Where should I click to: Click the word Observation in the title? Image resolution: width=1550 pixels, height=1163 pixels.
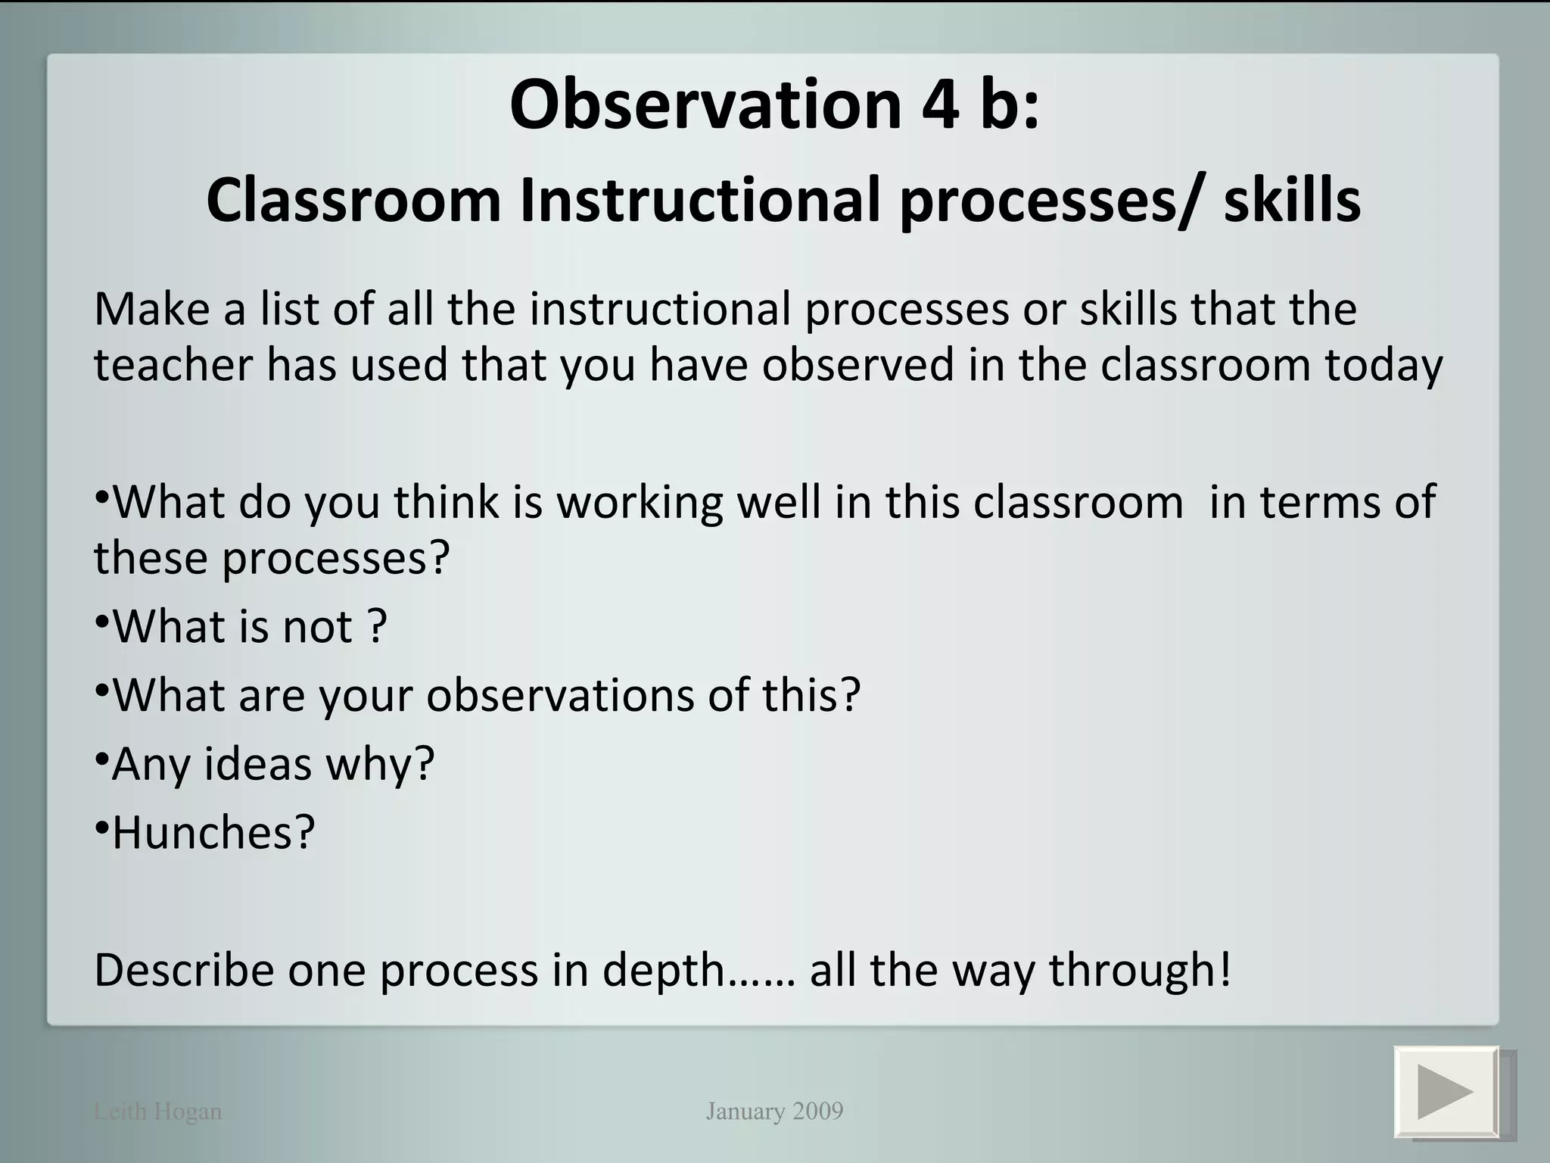pos(705,104)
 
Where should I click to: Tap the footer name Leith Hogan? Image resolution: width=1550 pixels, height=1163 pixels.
pos(157,1112)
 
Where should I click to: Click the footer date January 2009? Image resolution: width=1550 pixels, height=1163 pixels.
pos(774,1112)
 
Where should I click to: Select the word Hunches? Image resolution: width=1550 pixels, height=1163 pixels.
pos(213,832)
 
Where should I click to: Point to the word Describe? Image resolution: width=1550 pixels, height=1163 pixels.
pos(183,970)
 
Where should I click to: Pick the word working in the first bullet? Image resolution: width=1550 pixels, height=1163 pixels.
pos(640,502)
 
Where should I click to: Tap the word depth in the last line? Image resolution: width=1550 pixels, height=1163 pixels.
pos(664,970)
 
